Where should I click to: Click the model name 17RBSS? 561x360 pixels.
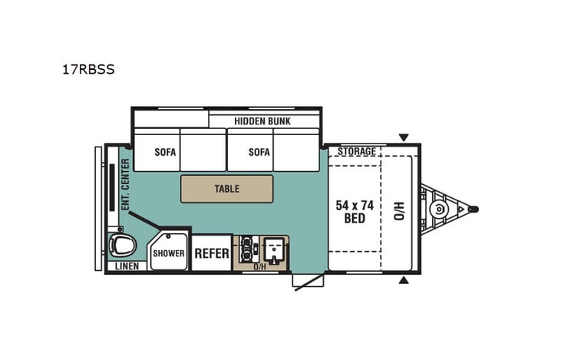(x=88, y=68)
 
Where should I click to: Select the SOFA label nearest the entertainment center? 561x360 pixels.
(x=165, y=152)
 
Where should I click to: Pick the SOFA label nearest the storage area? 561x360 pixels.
(x=259, y=152)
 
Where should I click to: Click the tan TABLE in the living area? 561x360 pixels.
(x=226, y=189)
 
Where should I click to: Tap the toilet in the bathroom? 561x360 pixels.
(x=122, y=246)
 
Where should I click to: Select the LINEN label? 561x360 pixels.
(x=127, y=266)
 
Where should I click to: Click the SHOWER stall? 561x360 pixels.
(x=168, y=253)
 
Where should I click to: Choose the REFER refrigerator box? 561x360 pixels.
(x=211, y=253)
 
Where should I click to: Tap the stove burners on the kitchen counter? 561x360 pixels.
(x=248, y=247)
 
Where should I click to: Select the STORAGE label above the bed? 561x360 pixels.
(x=357, y=151)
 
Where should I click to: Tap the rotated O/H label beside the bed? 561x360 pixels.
(x=398, y=210)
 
